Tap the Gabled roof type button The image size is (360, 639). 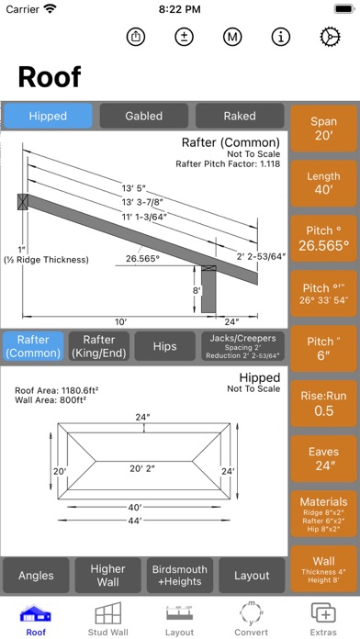click(x=144, y=116)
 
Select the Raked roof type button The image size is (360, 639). click(x=240, y=116)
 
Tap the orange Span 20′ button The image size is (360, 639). click(x=323, y=129)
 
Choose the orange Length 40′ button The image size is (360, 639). click(x=323, y=184)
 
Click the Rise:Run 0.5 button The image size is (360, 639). click(x=323, y=403)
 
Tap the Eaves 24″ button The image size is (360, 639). click(x=323, y=458)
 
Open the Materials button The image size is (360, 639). click(x=323, y=514)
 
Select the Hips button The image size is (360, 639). click(x=164, y=346)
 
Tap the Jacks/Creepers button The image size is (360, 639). click(x=243, y=346)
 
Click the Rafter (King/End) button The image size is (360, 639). click(x=99, y=346)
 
